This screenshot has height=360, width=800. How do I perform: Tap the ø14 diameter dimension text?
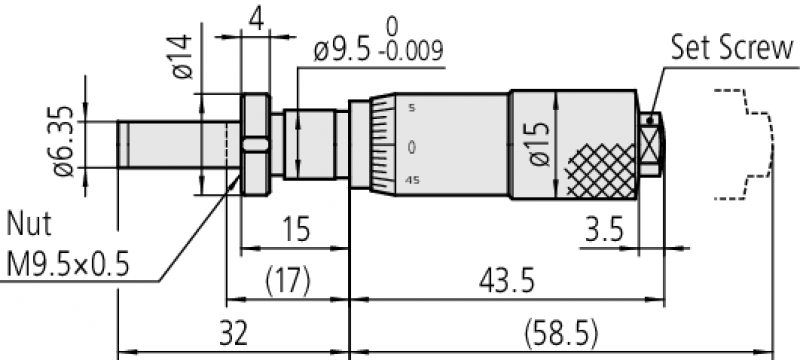183,57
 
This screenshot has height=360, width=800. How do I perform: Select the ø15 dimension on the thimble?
540,144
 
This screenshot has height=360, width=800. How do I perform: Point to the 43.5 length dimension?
506,281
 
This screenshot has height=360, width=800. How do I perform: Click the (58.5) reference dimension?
560,335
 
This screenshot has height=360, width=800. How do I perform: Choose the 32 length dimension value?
233,334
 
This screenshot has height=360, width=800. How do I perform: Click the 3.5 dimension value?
604,231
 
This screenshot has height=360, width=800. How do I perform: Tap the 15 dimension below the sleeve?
296,230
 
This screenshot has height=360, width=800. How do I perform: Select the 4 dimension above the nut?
257,19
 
